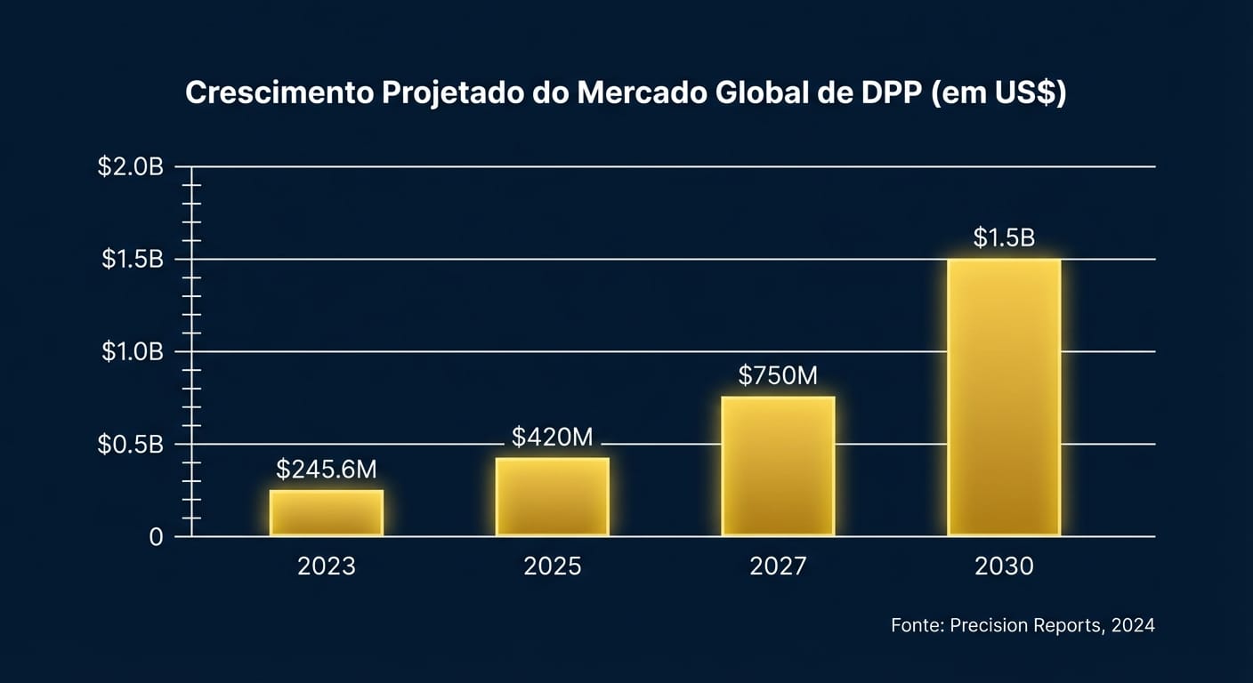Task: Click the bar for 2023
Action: point(327,513)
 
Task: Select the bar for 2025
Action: point(553,496)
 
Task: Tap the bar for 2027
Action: point(778,466)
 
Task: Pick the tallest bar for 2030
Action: point(1004,398)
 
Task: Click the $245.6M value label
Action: point(327,470)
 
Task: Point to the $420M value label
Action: point(553,437)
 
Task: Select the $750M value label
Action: point(778,376)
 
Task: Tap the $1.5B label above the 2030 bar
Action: point(1004,238)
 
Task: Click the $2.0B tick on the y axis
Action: point(131,167)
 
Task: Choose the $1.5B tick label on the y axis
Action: point(131,260)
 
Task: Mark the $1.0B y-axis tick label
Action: point(131,352)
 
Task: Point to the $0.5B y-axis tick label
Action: point(131,445)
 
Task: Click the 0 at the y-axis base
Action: point(156,537)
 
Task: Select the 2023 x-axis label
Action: point(327,566)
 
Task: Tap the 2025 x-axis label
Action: point(553,566)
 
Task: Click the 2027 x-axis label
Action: point(778,566)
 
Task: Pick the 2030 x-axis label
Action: point(1004,566)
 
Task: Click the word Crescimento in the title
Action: point(279,94)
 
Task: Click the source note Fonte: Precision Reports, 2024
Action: point(1023,625)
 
